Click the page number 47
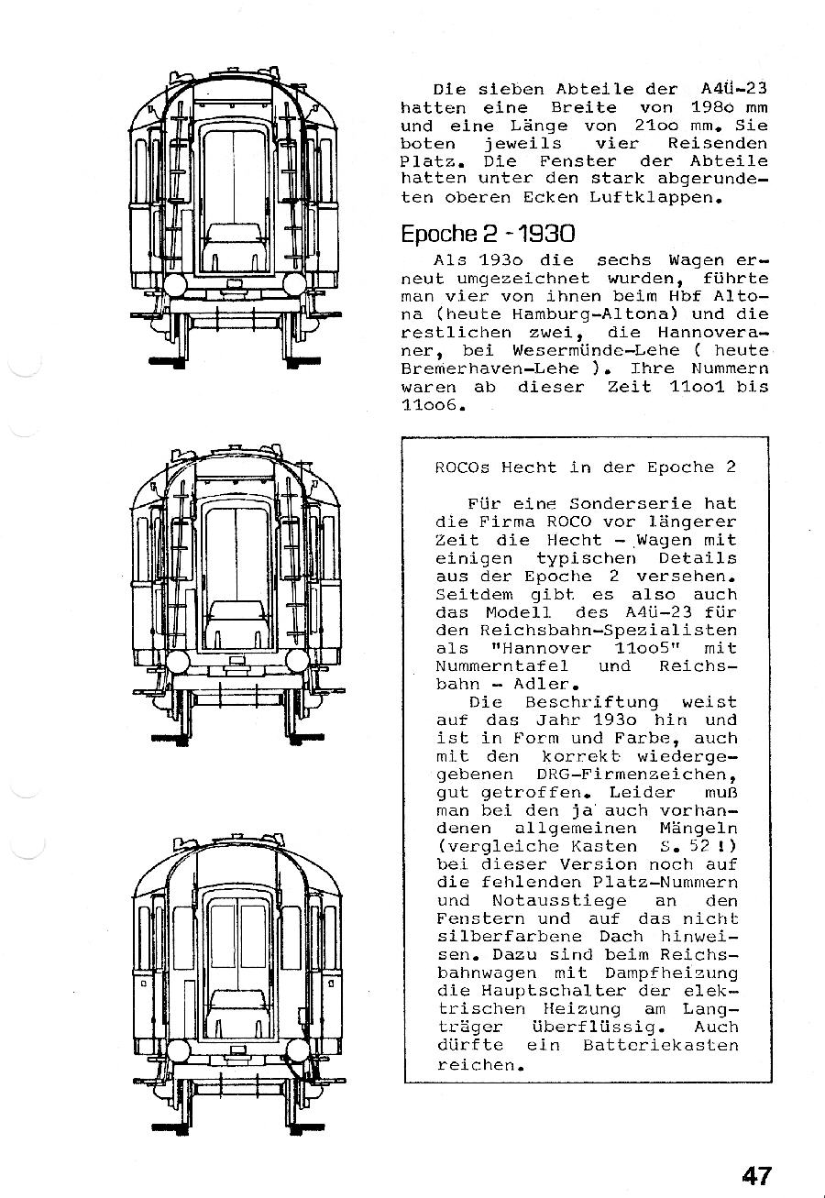coord(757,1174)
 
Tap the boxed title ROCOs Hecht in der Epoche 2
coord(586,467)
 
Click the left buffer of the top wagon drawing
coord(177,283)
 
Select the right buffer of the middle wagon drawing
coord(298,662)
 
